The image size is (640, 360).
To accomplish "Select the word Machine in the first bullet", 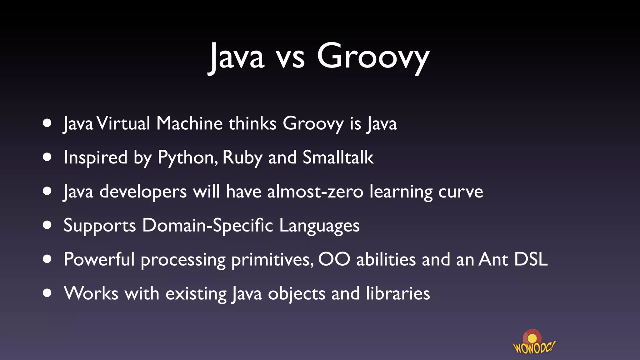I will [189, 123].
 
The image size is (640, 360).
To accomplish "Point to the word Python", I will [187, 158].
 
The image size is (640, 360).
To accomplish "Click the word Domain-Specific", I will [207, 225].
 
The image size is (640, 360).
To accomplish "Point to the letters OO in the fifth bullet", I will [334, 259].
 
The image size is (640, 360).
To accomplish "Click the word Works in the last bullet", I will [91, 293].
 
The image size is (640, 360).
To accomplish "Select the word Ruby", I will [242, 158].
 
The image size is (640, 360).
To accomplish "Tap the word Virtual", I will [123, 123].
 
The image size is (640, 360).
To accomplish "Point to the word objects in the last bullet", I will [297, 294].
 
